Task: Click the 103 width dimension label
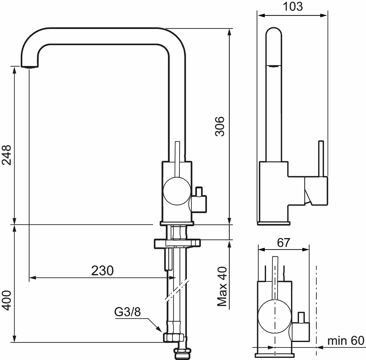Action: [293, 7]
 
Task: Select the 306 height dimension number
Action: [220, 126]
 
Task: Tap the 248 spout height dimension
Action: [6, 155]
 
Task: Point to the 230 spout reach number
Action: [102, 271]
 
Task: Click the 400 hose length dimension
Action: [6, 301]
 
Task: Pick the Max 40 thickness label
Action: [222, 287]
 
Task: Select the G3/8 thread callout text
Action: [127, 312]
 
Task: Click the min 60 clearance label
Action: [346, 340]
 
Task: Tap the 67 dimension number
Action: [284, 243]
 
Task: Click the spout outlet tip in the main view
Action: [30, 66]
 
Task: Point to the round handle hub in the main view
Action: [177, 191]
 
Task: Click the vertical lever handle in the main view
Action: [177, 160]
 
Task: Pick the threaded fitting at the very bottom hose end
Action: [183, 354]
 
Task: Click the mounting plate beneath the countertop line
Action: [177, 244]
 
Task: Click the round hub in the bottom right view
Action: [275, 317]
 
